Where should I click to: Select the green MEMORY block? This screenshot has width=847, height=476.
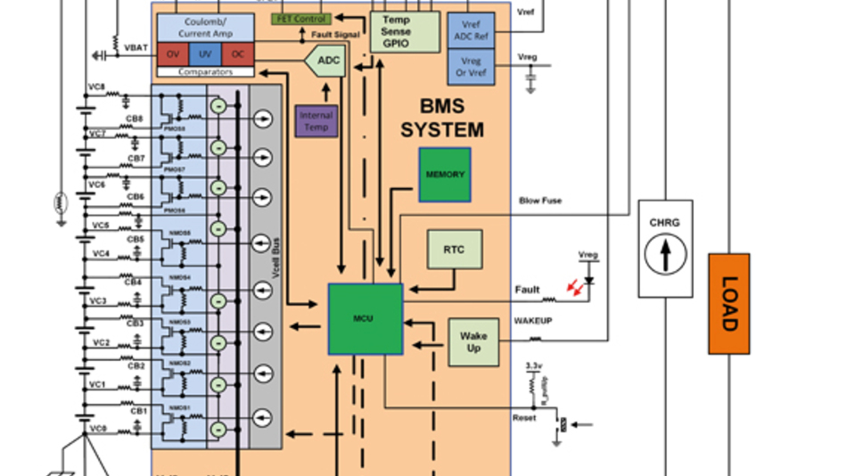pyautogui.click(x=445, y=174)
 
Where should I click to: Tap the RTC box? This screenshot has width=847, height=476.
pyautogui.click(x=455, y=250)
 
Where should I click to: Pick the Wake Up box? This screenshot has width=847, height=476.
pyautogui.click(x=473, y=341)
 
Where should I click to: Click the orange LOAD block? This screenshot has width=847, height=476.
pyautogui.click(x=728, y=304)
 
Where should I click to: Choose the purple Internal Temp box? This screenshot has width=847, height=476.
pyautogui.click(x=316, y=121)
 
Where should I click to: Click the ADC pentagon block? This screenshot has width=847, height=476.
pyautogui.click(x=327, y=62)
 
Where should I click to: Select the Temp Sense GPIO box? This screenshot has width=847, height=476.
pyautogui.click(x=405, y=32)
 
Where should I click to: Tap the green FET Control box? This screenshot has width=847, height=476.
pyautogui.click(x=301, y=19)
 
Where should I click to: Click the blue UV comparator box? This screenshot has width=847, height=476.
pyautogui.click(x=205, y=53)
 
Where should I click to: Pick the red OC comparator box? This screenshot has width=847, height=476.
pyautogui.click(x=237, y=53)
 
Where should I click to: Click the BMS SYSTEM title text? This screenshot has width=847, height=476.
pyautogui.click(x=441, y=119)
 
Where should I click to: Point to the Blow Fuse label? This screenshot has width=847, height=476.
pyautogui.click(x=540, y=201)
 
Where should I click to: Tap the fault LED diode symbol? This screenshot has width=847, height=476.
pyautogui.click(x=588, y=282)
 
